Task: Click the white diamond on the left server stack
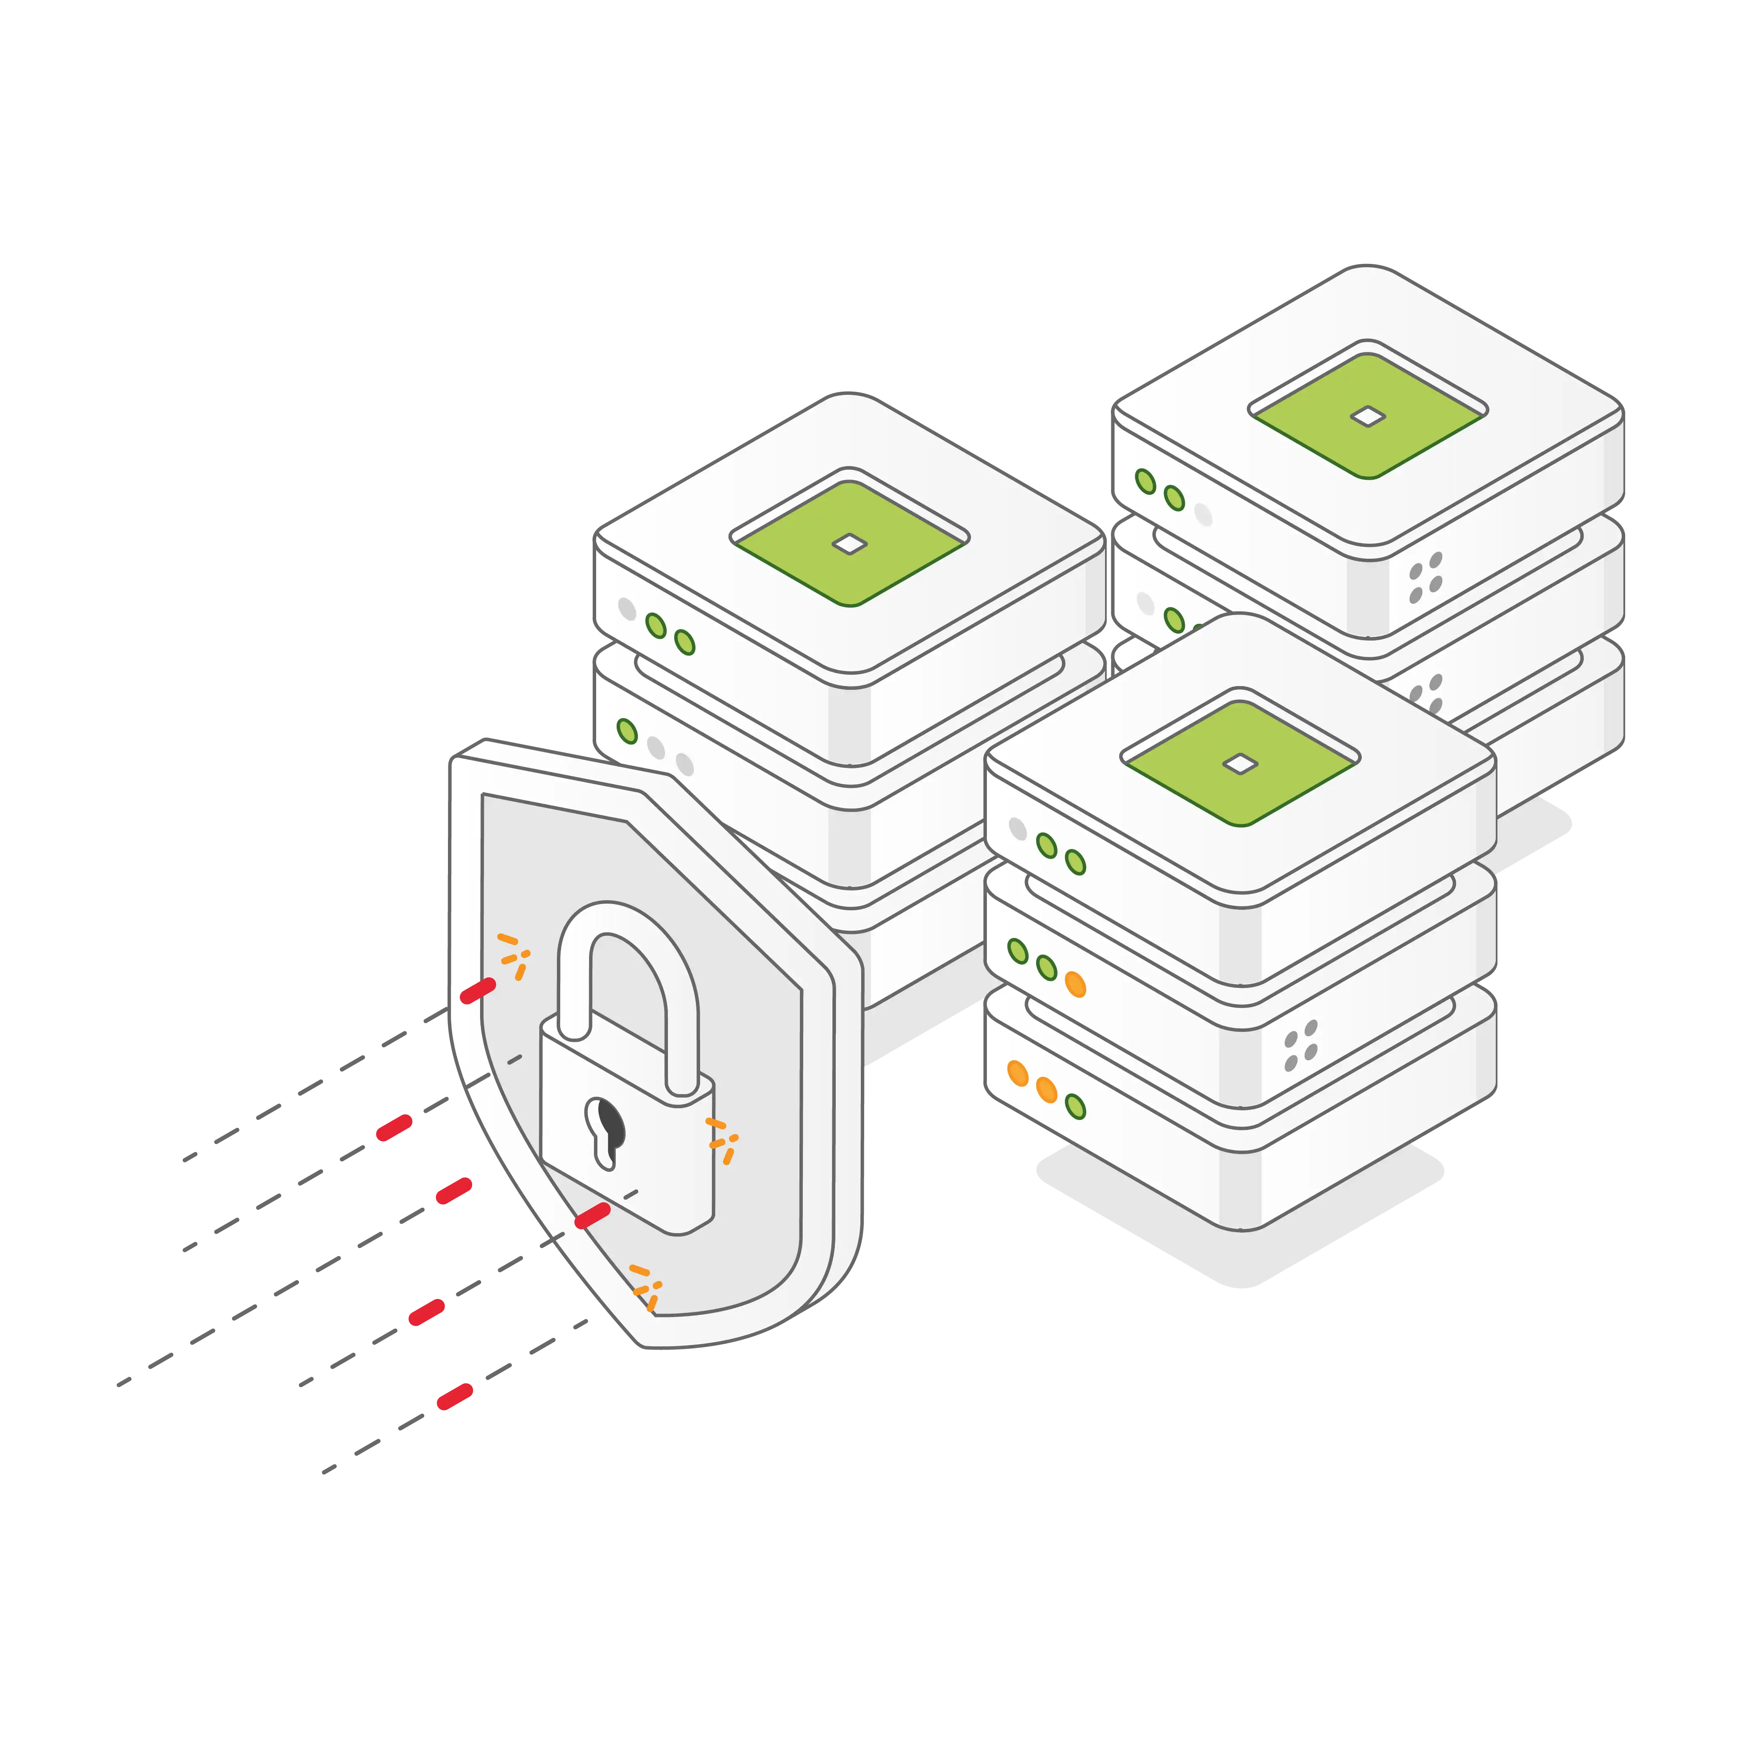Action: pyautogui.click(x=849, y=543)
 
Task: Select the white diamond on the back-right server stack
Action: pyautogui.click(x=1368, y=416)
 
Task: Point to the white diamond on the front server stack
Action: pyautogui.click(x=1240, y=764)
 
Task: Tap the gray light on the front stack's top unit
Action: pyautogui.click(x=1018, y=828)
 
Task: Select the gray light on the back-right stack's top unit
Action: pyautogui.click(x=1203, y=515)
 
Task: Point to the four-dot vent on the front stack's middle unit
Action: pyautogui.click(x=1300, y=1046)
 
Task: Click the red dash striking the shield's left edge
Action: pyautogui.click(x=477, y=991)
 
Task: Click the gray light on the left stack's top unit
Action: pyautogui.click(x=627, y=609)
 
